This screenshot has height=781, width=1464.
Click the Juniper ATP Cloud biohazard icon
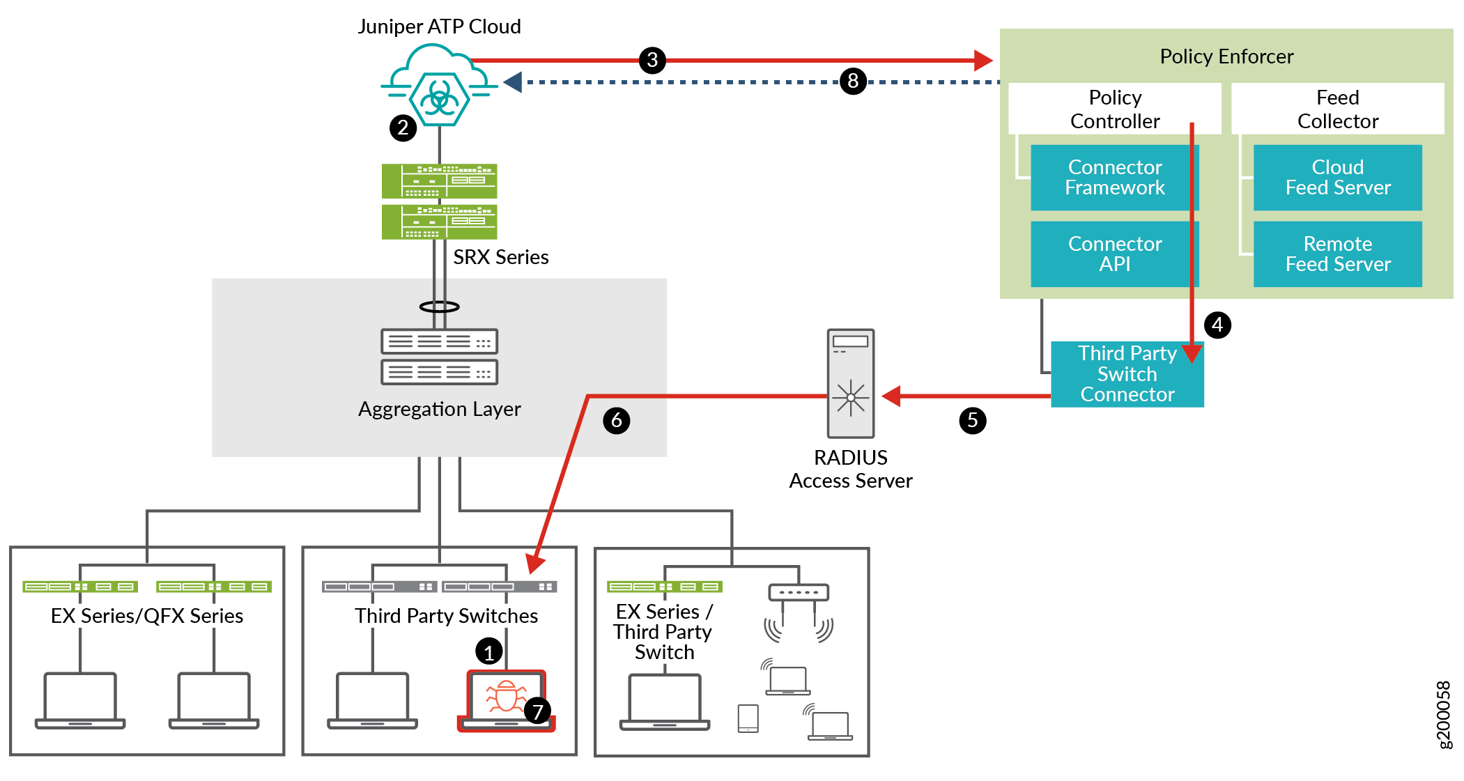point(439,97)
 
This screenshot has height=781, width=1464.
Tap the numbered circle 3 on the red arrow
point(652,60)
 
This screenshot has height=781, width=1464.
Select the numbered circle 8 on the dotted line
point(853,82)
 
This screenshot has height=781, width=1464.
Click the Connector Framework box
point(1114,178)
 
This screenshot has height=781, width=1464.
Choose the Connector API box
point(1114,254)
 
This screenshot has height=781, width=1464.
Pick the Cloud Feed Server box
point(1337,178)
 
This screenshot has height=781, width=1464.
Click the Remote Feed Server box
point(1337,254)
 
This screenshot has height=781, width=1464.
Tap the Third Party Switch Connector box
point(1127,374)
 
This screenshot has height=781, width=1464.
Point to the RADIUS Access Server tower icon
point(850,383)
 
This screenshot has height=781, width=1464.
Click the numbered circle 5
point(972,420)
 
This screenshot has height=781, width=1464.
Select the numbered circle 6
point(616,420)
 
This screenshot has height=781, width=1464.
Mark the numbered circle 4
point(1217,325)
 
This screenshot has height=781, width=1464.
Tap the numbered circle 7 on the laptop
point(537,711)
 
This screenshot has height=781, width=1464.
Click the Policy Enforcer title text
point(1226,56)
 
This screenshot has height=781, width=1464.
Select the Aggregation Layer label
point(439,409)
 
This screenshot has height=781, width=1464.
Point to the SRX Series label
point(500,257)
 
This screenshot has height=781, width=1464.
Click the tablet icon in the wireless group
point(748,718)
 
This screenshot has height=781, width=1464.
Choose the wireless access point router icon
point(798,593)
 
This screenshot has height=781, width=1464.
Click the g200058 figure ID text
point(1444,714)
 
